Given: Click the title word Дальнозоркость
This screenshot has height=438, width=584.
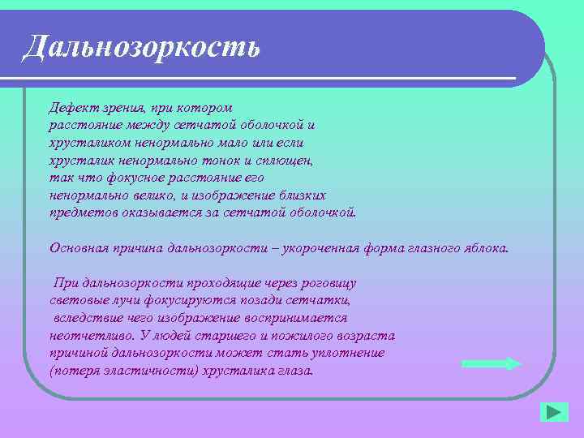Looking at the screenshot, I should click(x=142, y=47).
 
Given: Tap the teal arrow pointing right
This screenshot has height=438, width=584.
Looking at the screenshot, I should click(x=490, y=363).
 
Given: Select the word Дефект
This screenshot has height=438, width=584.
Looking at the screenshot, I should click(x=71, y=108).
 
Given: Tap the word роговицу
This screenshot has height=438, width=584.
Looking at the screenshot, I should click(x=328, y=283).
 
